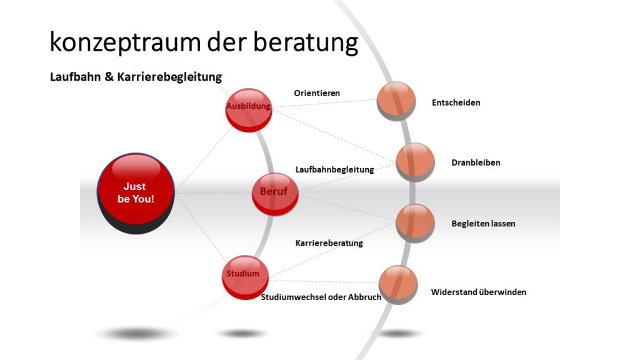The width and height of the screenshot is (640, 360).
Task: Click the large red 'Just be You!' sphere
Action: coord(136,193)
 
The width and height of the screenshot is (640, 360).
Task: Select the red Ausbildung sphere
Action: coord(249,110)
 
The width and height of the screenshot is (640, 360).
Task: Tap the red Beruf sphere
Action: coord(275,194)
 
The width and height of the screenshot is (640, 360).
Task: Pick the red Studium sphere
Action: coord(245,277)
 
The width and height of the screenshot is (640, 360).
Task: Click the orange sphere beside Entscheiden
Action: coord(396,101)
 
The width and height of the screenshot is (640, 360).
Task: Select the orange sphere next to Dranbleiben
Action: coord(415,162)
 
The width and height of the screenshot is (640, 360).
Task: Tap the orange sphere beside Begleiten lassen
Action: coord(415,224)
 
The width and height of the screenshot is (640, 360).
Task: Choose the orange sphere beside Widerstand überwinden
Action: coord(398,285)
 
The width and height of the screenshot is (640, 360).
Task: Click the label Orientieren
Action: coord(317,93)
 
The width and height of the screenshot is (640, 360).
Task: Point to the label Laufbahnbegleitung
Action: coord(335,169)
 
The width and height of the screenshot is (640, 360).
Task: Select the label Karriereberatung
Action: coord(329,243)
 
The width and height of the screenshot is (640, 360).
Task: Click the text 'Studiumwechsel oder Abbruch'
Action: coord(321,297)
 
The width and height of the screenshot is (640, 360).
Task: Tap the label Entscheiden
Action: coord(456,102)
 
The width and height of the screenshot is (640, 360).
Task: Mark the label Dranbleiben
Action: coord(476,162)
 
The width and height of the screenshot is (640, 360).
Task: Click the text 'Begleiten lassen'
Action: coord(483,224)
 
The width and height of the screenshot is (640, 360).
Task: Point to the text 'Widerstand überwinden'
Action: coord(478,292)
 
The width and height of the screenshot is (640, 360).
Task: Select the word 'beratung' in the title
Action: coord(306,43)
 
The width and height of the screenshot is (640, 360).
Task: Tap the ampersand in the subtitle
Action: coord(109,77)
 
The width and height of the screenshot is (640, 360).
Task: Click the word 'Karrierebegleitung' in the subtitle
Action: coord(169,77)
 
